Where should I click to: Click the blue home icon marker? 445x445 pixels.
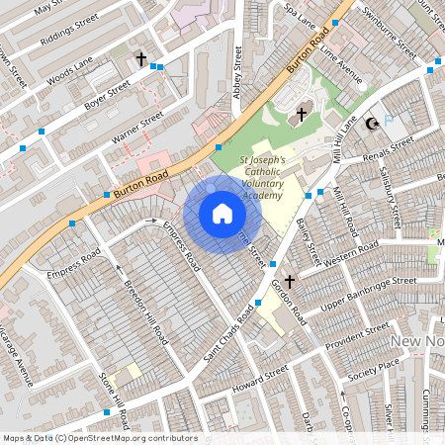coord(222,213)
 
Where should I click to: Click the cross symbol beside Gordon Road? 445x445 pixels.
coord(290,282)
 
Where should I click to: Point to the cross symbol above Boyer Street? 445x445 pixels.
coord(141,60)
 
